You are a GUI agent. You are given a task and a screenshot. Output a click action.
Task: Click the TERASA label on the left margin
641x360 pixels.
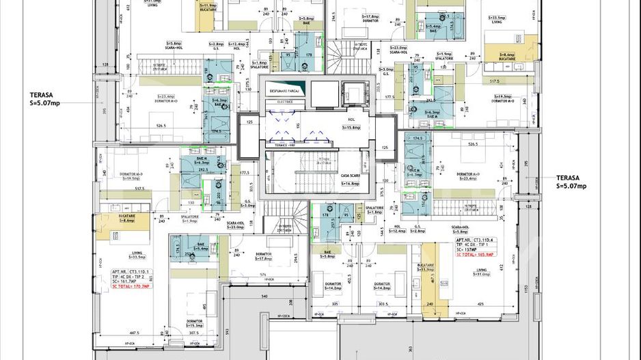45,98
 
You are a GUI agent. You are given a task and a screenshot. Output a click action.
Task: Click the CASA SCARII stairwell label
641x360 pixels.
351,176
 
